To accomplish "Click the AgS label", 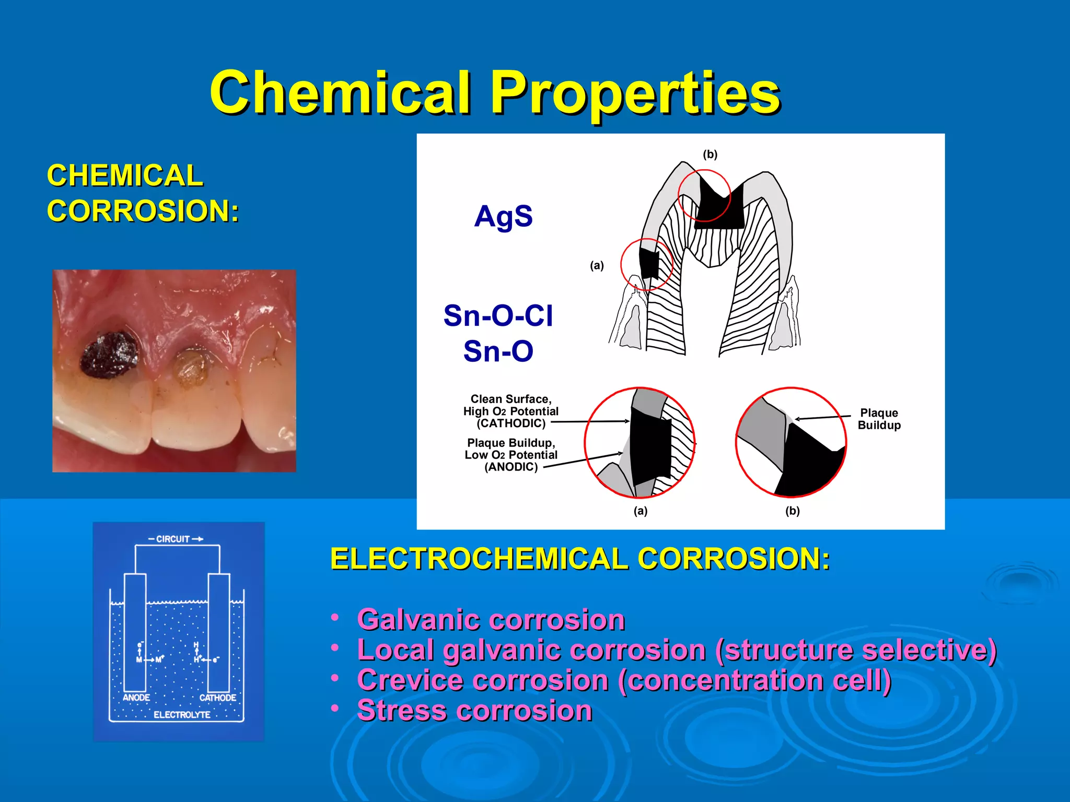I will click(503, 216).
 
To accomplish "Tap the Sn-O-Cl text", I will click(498, 315).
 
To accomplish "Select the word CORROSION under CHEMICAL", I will click(143, 211).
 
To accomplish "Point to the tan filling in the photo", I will click(190, 368).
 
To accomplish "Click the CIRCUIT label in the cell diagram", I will click(173, 539).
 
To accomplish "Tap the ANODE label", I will click(136, 698).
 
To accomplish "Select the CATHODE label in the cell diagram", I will click(217, 698).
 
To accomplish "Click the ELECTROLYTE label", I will click(182, 715).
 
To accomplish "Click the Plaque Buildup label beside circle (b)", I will click(879, 419).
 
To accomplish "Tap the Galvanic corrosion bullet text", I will click(491, 620).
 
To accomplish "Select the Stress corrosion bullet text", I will click(474, 711).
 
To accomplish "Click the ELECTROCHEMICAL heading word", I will click(479, 559).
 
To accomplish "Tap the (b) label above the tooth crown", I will click(710, 155).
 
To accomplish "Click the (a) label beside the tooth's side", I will click(597, 265).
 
